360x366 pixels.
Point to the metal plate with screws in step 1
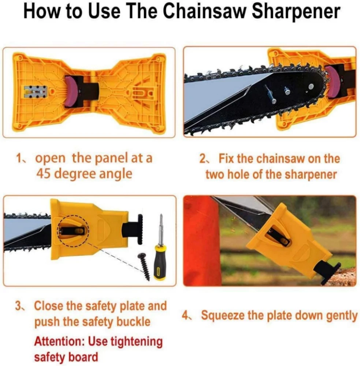[36, 92]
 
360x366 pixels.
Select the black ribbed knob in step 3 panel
[140, 229]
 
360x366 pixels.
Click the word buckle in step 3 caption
[133, 322]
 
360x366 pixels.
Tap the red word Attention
[59, 341]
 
